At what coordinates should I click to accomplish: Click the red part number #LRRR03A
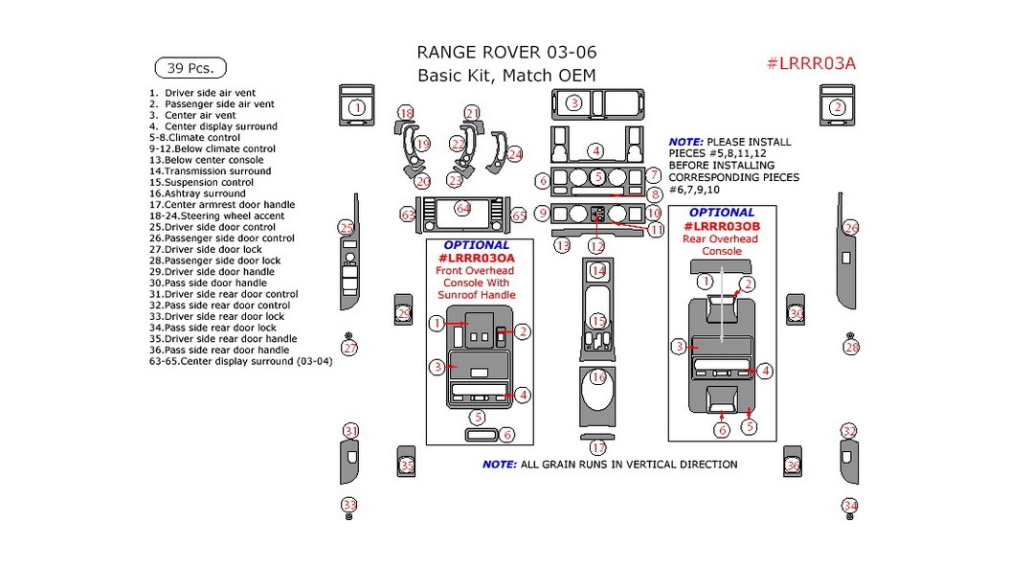tap(811, 64)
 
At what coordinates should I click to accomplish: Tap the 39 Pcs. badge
tap(190, 68)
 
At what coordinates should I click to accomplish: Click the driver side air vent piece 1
tap(356, 107)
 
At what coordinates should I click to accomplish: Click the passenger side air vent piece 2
tap(837, 107)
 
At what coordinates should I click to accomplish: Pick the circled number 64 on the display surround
tap(463, 208)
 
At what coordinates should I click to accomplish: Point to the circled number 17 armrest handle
tap(598, 447)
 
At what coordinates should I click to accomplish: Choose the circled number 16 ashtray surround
tap(598, 377)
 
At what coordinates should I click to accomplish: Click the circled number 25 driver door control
tap(346, 227)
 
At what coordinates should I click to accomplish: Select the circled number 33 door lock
tap(349, 505)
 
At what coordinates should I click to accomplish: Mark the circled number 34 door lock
tap(850, 505)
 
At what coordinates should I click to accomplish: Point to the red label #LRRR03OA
tap(476, 258)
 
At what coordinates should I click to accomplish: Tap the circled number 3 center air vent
tap(573, 102)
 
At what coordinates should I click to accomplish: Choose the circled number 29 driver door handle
tap(404, 313)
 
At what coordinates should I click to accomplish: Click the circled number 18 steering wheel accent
tap(406, 114)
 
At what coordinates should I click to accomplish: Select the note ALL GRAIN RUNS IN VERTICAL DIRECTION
tap(610, 465)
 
